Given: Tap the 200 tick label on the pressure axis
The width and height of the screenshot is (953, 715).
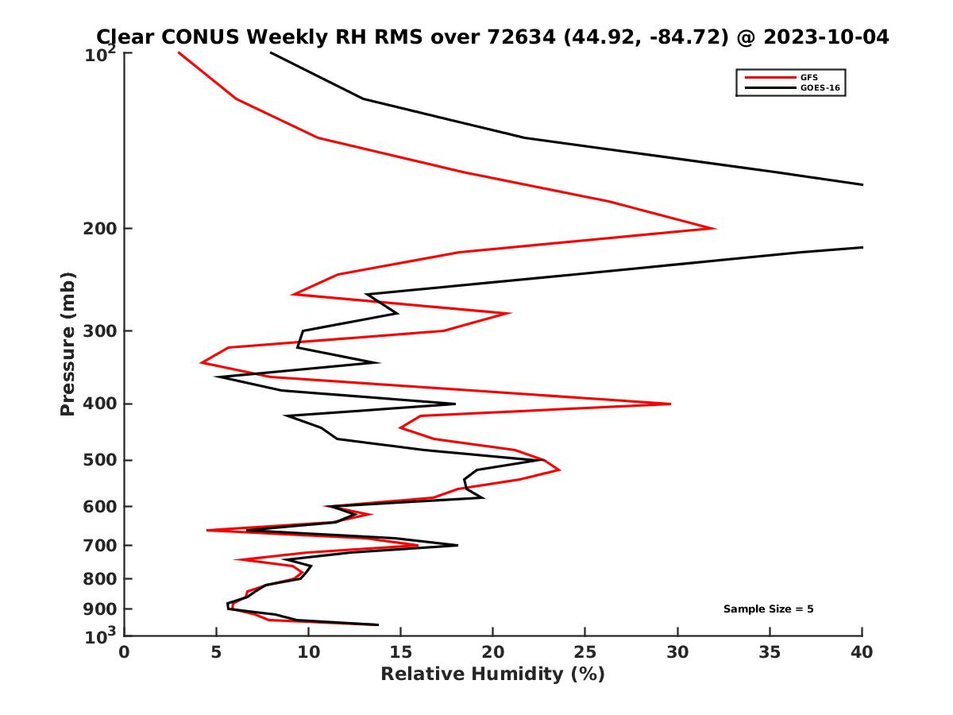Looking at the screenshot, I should coord(102,229).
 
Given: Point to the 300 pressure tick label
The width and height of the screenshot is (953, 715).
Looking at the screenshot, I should coord(102,331).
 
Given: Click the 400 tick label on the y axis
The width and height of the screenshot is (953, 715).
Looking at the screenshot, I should coord(102,404).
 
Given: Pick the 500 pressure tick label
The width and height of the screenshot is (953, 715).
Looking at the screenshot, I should coord(102,460).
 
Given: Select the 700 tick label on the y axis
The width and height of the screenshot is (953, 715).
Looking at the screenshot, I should coord(102,546).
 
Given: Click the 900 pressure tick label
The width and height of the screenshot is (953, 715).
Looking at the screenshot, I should coord(102,609).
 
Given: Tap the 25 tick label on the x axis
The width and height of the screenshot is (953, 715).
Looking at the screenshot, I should coord(585,652).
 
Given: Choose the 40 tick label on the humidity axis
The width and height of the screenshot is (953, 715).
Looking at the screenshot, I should coord(862,652).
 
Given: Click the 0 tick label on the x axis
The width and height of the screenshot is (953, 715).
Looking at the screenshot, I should coord(125,652).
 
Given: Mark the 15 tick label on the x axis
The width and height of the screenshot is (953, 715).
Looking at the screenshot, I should coord(401,652).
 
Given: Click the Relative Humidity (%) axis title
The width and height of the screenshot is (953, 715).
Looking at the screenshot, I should coord(492,674).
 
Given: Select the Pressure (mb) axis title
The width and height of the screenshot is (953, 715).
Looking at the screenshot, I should coord(68,343).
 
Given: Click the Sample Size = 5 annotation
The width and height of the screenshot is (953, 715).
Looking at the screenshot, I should coord(768,609).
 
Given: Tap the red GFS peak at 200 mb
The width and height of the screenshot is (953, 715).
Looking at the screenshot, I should coord(715,229).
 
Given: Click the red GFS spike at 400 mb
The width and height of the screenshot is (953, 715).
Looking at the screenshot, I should coord(669,404).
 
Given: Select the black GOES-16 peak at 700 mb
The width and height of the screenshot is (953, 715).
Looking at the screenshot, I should coord(457,545).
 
